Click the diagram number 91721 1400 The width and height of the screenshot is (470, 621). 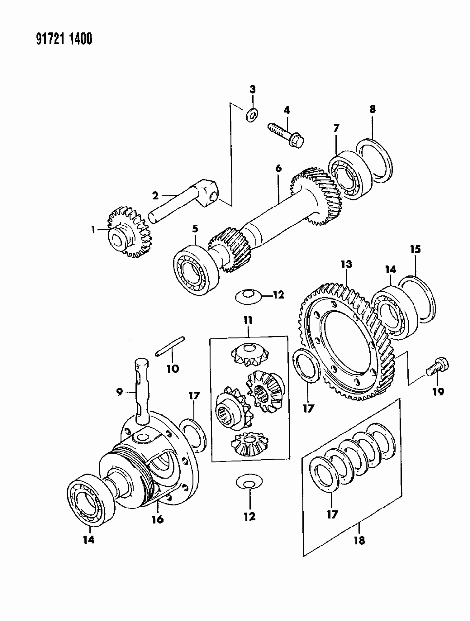(x=64, y=39)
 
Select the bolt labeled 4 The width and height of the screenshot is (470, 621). (x=285, y=135)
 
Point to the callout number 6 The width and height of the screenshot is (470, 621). (x=278, y=169)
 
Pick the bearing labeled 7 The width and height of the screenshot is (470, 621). (x=350, y=175)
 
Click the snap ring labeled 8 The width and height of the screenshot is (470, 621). (x=374, y=159)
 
